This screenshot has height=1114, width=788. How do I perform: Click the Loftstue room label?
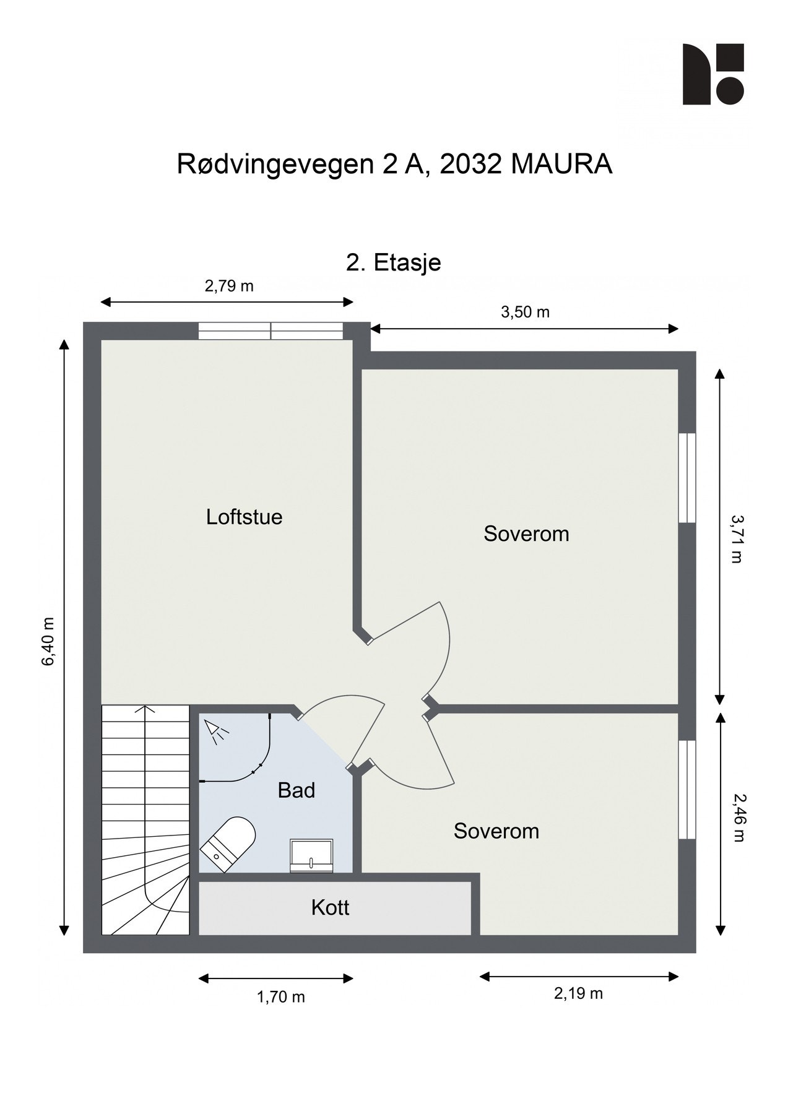click(244, 517)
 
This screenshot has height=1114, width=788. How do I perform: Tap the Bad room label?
click(296, 790)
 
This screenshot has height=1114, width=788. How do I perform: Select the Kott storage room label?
click(330, 908)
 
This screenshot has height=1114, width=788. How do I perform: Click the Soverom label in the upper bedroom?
click(526, 533)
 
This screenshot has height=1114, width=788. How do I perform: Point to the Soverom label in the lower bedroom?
click(496, 831)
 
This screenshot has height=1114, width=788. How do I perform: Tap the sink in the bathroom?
click(311, 856)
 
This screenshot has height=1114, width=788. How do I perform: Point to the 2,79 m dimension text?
click(229, 286)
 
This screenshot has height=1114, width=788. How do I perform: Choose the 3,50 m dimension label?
click(525, 312)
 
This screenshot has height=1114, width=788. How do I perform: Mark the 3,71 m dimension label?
click(736, 538)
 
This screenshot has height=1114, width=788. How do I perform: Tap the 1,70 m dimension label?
click(281, 997)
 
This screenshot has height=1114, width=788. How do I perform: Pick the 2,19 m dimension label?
click(578, 993)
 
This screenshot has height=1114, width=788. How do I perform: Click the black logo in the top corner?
click(712, 74)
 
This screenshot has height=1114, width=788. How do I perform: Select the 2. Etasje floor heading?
click(394, 262)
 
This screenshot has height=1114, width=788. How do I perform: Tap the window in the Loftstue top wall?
click(271, 331)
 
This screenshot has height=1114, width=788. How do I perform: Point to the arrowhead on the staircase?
click(145, 710)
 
